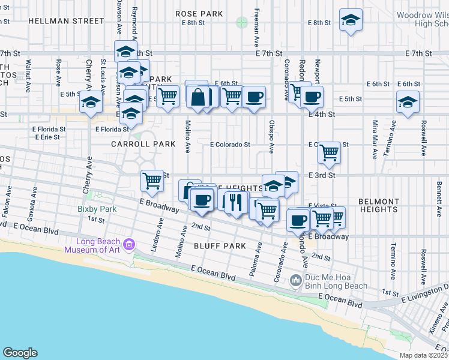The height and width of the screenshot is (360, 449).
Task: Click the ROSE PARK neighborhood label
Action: pyautogui.click(x=199, y=13)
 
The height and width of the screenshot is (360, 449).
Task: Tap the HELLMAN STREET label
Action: pyautogui.click(x=66, y=20)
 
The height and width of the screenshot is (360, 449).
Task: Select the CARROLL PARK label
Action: pyautogui.click(x=143, y=144)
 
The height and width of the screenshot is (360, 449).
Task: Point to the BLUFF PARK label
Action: pyautogui.click(x=220, y=246)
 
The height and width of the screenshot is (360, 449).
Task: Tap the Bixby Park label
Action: pyautogui.click(x=97, y=209)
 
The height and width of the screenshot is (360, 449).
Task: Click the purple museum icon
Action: pyautogui.click(x=128, y=244)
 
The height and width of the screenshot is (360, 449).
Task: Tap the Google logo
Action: pyautogui.click(x=20, y=352)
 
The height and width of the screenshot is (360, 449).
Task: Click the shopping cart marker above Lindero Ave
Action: pyautogui.click(x=152, y=181)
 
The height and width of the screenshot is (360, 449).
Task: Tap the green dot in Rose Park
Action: pyautogui.click(x=242, y=23)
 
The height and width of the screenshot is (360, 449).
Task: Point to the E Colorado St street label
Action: pyautogui.click(x=230, y=145)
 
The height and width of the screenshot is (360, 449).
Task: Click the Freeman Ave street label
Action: pyautogui.click(x=256, y=28)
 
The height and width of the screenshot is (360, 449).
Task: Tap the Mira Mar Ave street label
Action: pyautogui.click(x=375, y=139)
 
